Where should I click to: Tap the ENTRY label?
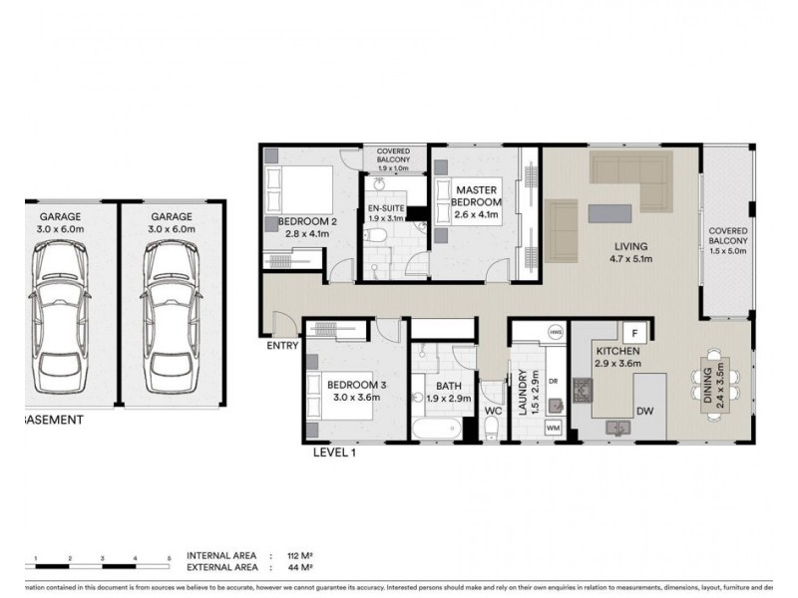coord(283,346)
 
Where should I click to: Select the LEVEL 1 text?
coord(336,451)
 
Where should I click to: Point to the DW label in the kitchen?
coord(645,411)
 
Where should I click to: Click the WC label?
coord(493,410)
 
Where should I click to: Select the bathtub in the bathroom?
coord(437,429)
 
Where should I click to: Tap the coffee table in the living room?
coord(610,211)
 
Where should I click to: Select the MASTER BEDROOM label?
coord(476,196)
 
